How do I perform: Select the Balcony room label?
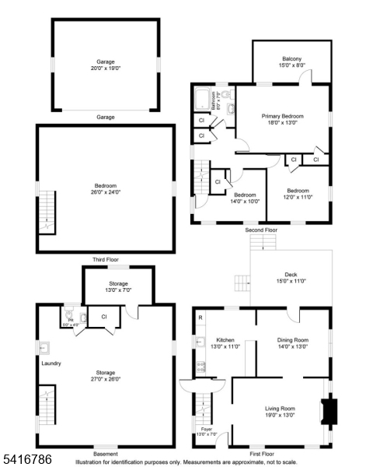pyautogui.click(x=291, y=62)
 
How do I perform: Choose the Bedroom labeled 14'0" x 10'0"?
pyautogui.click(x=245, y=198)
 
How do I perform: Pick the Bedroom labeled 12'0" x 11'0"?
pyautogui.click(x=298, y=194)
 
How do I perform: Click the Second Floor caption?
pyautogui.click(x=260, y=230)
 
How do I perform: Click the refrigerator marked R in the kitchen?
pyautogui.click(x=200, y=317)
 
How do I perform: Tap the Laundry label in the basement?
pyautogui.click(x=51, y=363)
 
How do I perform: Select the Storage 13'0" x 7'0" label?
pyautogui.click(x=118, y=286)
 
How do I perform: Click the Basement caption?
pyautogui.click(x=105, y=454)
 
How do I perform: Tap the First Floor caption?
pyautogui.click(x=261, y=454)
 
